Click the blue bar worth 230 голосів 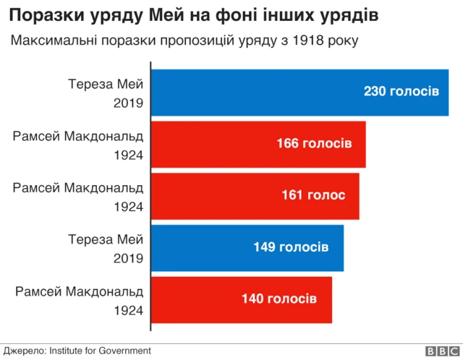click(300, 92)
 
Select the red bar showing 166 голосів click(258, 144)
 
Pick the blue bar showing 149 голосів click(247, 247)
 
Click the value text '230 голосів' click(401, 92)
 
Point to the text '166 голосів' click(314, 144)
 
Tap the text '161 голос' click(313, 195)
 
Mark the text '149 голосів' click(291, 247)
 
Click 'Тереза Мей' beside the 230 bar click(106, 82)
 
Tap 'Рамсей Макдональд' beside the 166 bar click(78, 134)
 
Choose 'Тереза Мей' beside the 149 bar click(106, 239)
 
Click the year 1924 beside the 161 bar click(128, 207)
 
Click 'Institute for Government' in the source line click(100, 351)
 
